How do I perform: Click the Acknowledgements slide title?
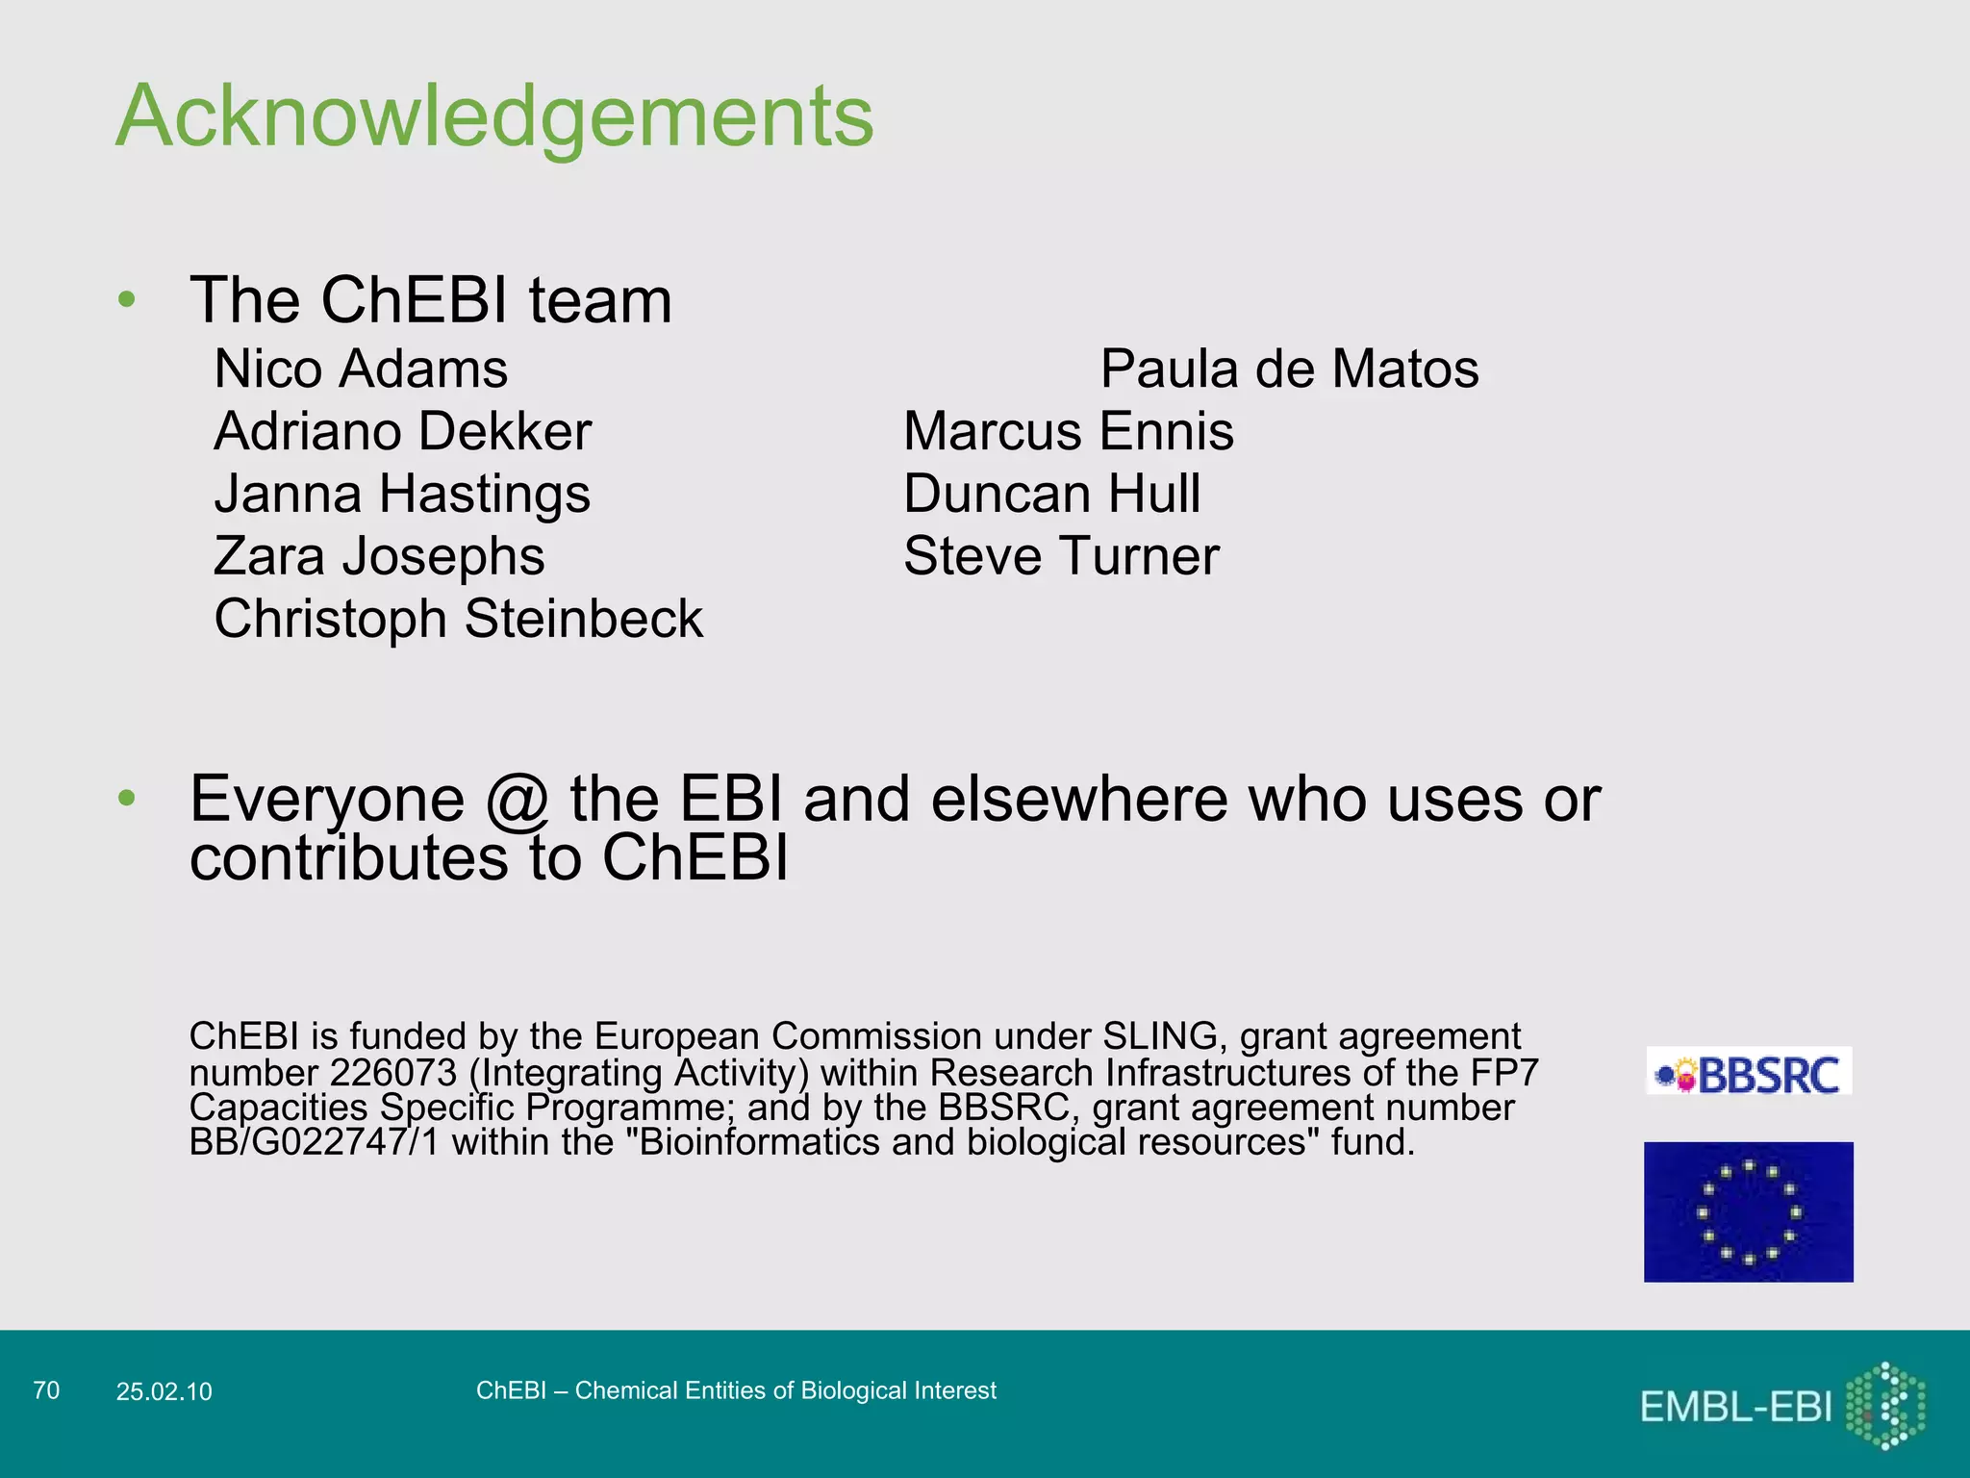(494, 116)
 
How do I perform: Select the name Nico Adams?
(361, 369)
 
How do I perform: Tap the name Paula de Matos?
(1289, 369)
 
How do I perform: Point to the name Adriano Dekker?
(402, 432)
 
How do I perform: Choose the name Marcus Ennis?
(1068, 432)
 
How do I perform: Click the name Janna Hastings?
(402, 495)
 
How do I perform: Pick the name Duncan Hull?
(1051, 495)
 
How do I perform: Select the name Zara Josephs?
(379, 557)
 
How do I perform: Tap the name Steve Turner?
(1061, 557)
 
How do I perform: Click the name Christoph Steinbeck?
(458, 619)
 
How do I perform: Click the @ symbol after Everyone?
(517, 802)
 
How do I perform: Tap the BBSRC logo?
(1749, 1072)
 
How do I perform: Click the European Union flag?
(1748, 1211)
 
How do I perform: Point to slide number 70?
(46, 1390)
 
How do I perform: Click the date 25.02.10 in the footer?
(164, 1391)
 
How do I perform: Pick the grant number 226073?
(392, 1073)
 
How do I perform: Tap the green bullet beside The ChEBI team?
(127, 300)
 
